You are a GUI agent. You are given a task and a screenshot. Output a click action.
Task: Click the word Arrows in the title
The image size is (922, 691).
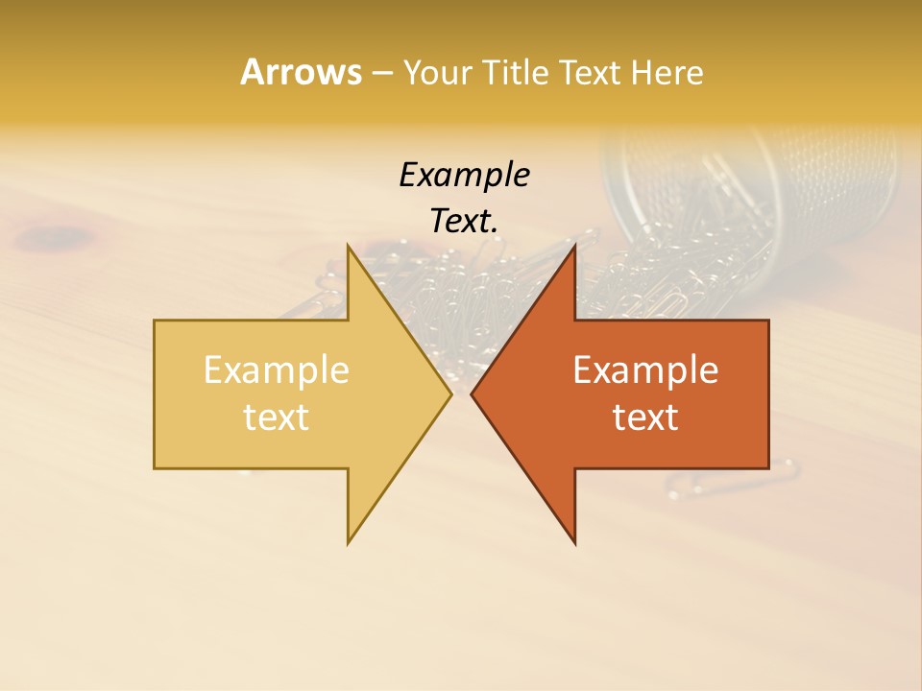click(300, 72)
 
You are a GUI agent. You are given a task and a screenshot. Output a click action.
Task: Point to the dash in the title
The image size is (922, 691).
click(381, 73)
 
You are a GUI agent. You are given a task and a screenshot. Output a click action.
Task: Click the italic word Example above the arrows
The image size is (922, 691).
click(464, 176)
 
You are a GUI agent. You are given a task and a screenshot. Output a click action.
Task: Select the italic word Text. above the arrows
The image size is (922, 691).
click(464, 222)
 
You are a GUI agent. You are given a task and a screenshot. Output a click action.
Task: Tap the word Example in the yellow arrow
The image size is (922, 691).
click(276, 369)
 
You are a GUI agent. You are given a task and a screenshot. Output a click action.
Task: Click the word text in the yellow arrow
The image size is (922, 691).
click(276, 417)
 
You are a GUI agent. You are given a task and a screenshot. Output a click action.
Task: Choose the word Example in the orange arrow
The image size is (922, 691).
click(645, 369)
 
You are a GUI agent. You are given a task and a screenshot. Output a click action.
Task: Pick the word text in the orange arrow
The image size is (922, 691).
click(645, 417)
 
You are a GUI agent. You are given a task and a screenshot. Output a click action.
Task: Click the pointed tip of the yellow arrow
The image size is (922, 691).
click(450, 393)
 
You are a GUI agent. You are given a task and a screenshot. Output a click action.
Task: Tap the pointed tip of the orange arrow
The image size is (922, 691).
click(472, 393)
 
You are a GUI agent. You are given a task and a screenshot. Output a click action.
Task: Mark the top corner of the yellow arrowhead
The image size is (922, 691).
click(349, 246)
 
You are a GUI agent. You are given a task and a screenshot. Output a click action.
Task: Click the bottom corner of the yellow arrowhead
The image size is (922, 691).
click(349, 542)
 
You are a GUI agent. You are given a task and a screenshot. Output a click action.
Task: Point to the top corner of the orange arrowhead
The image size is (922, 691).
click(574, 246)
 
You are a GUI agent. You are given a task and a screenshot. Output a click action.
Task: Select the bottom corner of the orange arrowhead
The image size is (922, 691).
click(574, 542)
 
